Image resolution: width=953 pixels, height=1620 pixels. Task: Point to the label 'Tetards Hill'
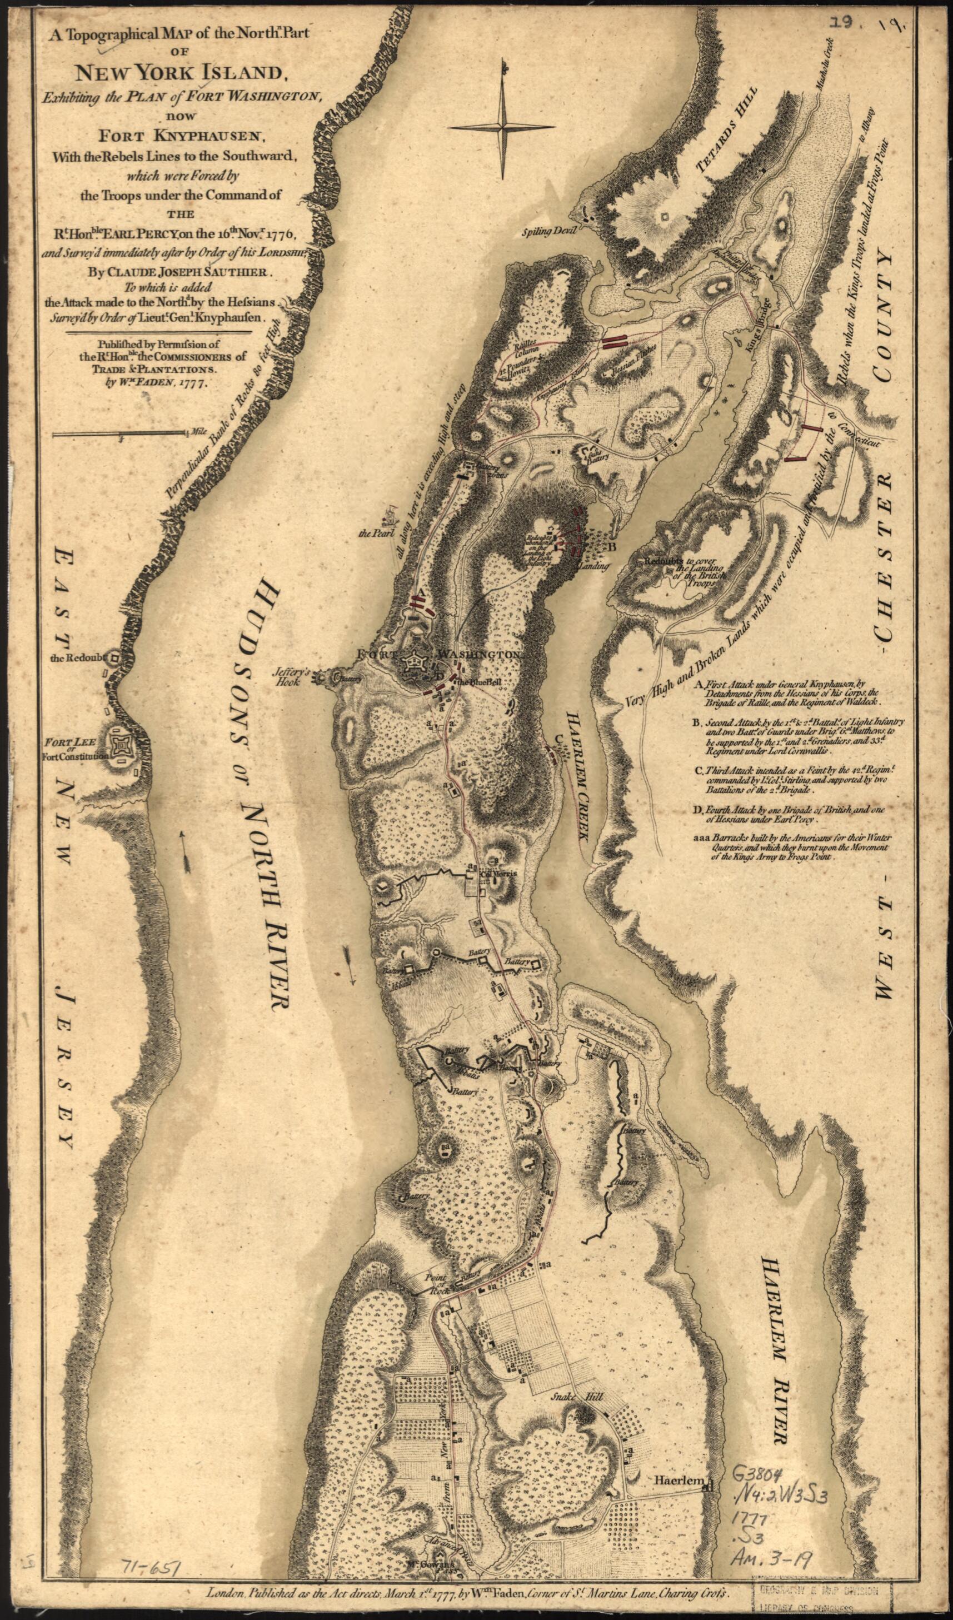click(727, 134)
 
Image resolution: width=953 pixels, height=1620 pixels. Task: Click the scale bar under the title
click(120, 435)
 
